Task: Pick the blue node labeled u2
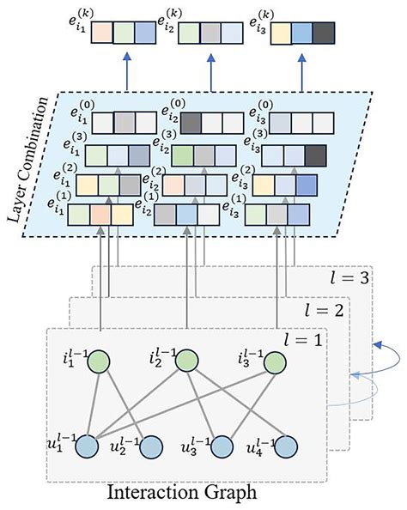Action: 149,447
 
